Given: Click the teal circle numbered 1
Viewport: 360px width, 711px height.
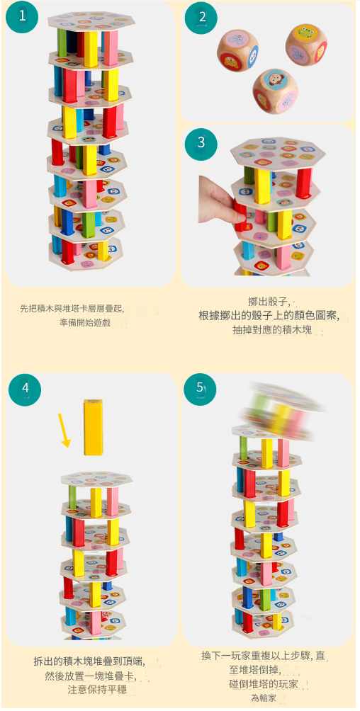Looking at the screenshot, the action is point(22,17).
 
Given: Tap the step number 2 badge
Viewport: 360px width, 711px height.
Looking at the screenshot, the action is point(201,18).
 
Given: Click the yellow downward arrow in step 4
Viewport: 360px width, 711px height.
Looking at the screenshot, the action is point(65,430).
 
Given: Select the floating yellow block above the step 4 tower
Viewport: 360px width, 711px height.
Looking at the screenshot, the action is point(93,427).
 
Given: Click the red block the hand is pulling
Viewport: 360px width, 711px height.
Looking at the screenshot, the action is point(240,216).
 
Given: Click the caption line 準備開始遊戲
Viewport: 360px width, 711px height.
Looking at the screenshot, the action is point(85,322).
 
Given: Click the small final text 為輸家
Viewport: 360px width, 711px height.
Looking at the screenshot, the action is point(264,698).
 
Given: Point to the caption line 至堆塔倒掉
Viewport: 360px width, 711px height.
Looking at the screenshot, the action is point(255,670).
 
